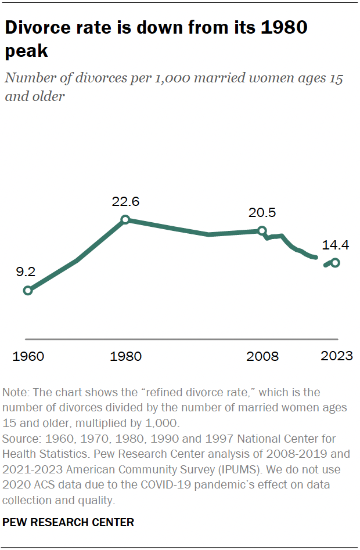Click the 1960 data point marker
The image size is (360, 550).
(27, 290)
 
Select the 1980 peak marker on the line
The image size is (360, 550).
(125, 220)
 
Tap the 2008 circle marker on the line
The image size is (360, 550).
(262, 230)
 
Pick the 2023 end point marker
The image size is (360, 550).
(335, 262)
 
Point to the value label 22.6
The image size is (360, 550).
(126, 202)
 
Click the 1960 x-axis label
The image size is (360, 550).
(27, 356)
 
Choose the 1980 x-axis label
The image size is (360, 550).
(125, 356)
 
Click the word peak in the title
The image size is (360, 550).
(27, 51)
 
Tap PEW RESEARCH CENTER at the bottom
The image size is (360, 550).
(69, 523)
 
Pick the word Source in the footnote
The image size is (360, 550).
(19, 439)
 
